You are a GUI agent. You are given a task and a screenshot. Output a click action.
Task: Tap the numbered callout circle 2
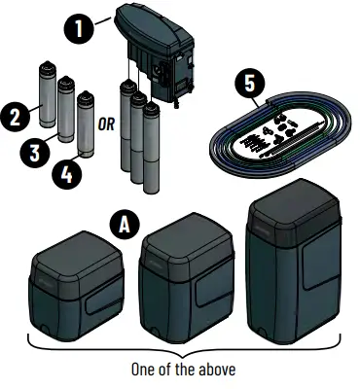coord(17,119)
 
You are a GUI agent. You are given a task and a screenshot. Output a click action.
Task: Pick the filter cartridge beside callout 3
coord(66,109)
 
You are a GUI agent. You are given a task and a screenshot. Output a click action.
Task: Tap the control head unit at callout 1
coord(156,44)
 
